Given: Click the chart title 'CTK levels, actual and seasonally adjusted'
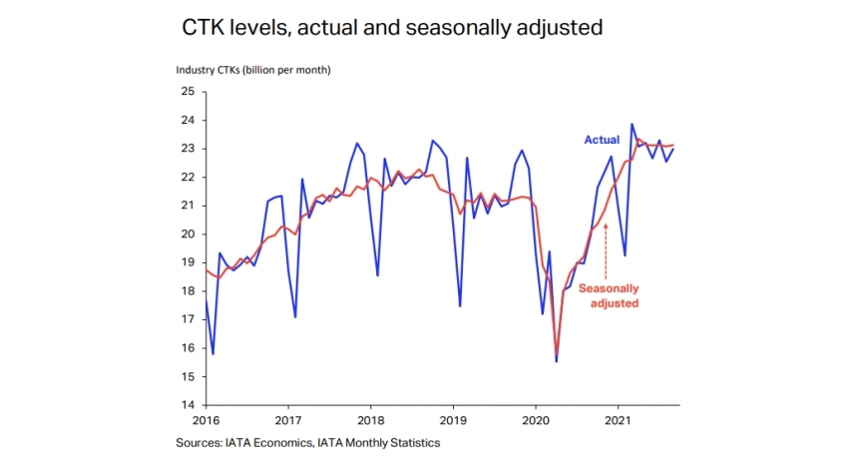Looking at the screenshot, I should click(x=392, y=28).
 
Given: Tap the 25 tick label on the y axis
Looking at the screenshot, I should click(x=187, y=92).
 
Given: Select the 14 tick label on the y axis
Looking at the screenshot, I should click(x=187, y=405).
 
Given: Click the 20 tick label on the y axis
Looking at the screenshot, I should click(x=187, y=234).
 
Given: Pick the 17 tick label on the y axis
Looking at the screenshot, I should click(x=187, y=319).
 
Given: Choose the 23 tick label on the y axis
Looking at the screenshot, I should click(x=187, y=149).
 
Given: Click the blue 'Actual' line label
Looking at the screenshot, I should click(x=602, y=140).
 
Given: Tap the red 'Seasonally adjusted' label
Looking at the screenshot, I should click(x=608, y=294).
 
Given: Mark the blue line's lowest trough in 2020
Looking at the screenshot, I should click(x=556, y=360).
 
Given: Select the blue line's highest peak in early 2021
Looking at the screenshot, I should click(x=632, y=125).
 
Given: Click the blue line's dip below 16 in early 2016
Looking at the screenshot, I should click(x=213, y=353).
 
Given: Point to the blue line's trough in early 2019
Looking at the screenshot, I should click(x=460, y=305).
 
